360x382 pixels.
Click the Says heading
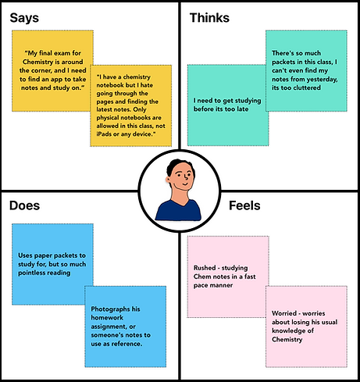pyautogui.click(x=24, y=19)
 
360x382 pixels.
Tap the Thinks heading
pyautogui.click(x=209, y=18)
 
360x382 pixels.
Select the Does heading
pyautogui.click(x=24, y=205)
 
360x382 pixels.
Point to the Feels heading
pyautogui.click(x=244, y=205)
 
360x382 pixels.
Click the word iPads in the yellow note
pyautogui.click(x=104, y=134)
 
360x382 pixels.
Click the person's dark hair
pyautogui.click(x=177, y=166)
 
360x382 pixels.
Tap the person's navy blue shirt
pyautogui.click(x=178, y=210)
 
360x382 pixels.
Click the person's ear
pyautogui.click(x=168, y=179)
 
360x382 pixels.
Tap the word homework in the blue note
pyautogui.click(x=107, y=318)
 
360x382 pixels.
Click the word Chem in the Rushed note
pyautogui.click(x=201, y=277)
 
